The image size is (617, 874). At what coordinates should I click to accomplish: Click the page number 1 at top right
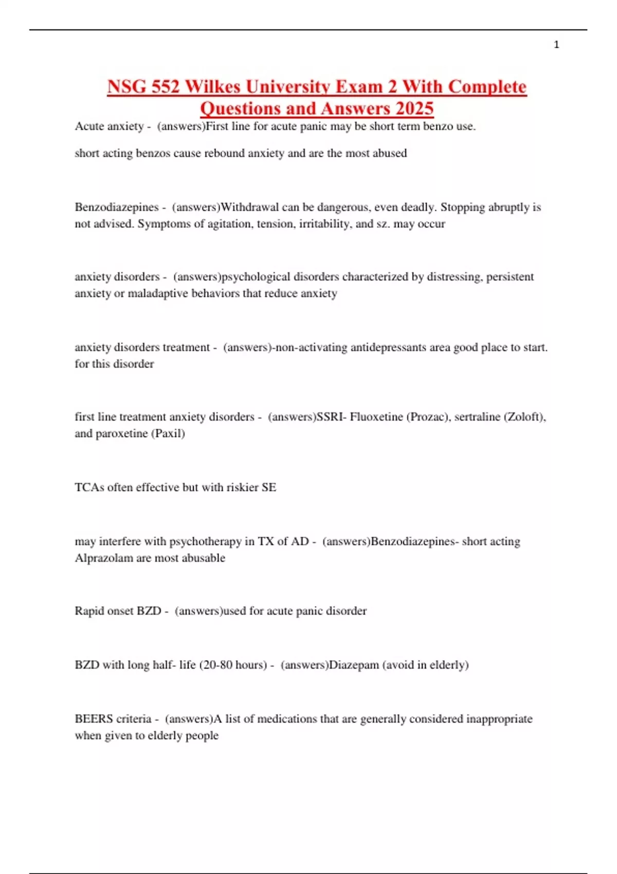(556, 45)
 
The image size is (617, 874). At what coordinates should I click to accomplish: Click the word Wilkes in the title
(212, 86)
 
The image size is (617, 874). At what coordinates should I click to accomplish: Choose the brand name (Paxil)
(168, 433)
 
